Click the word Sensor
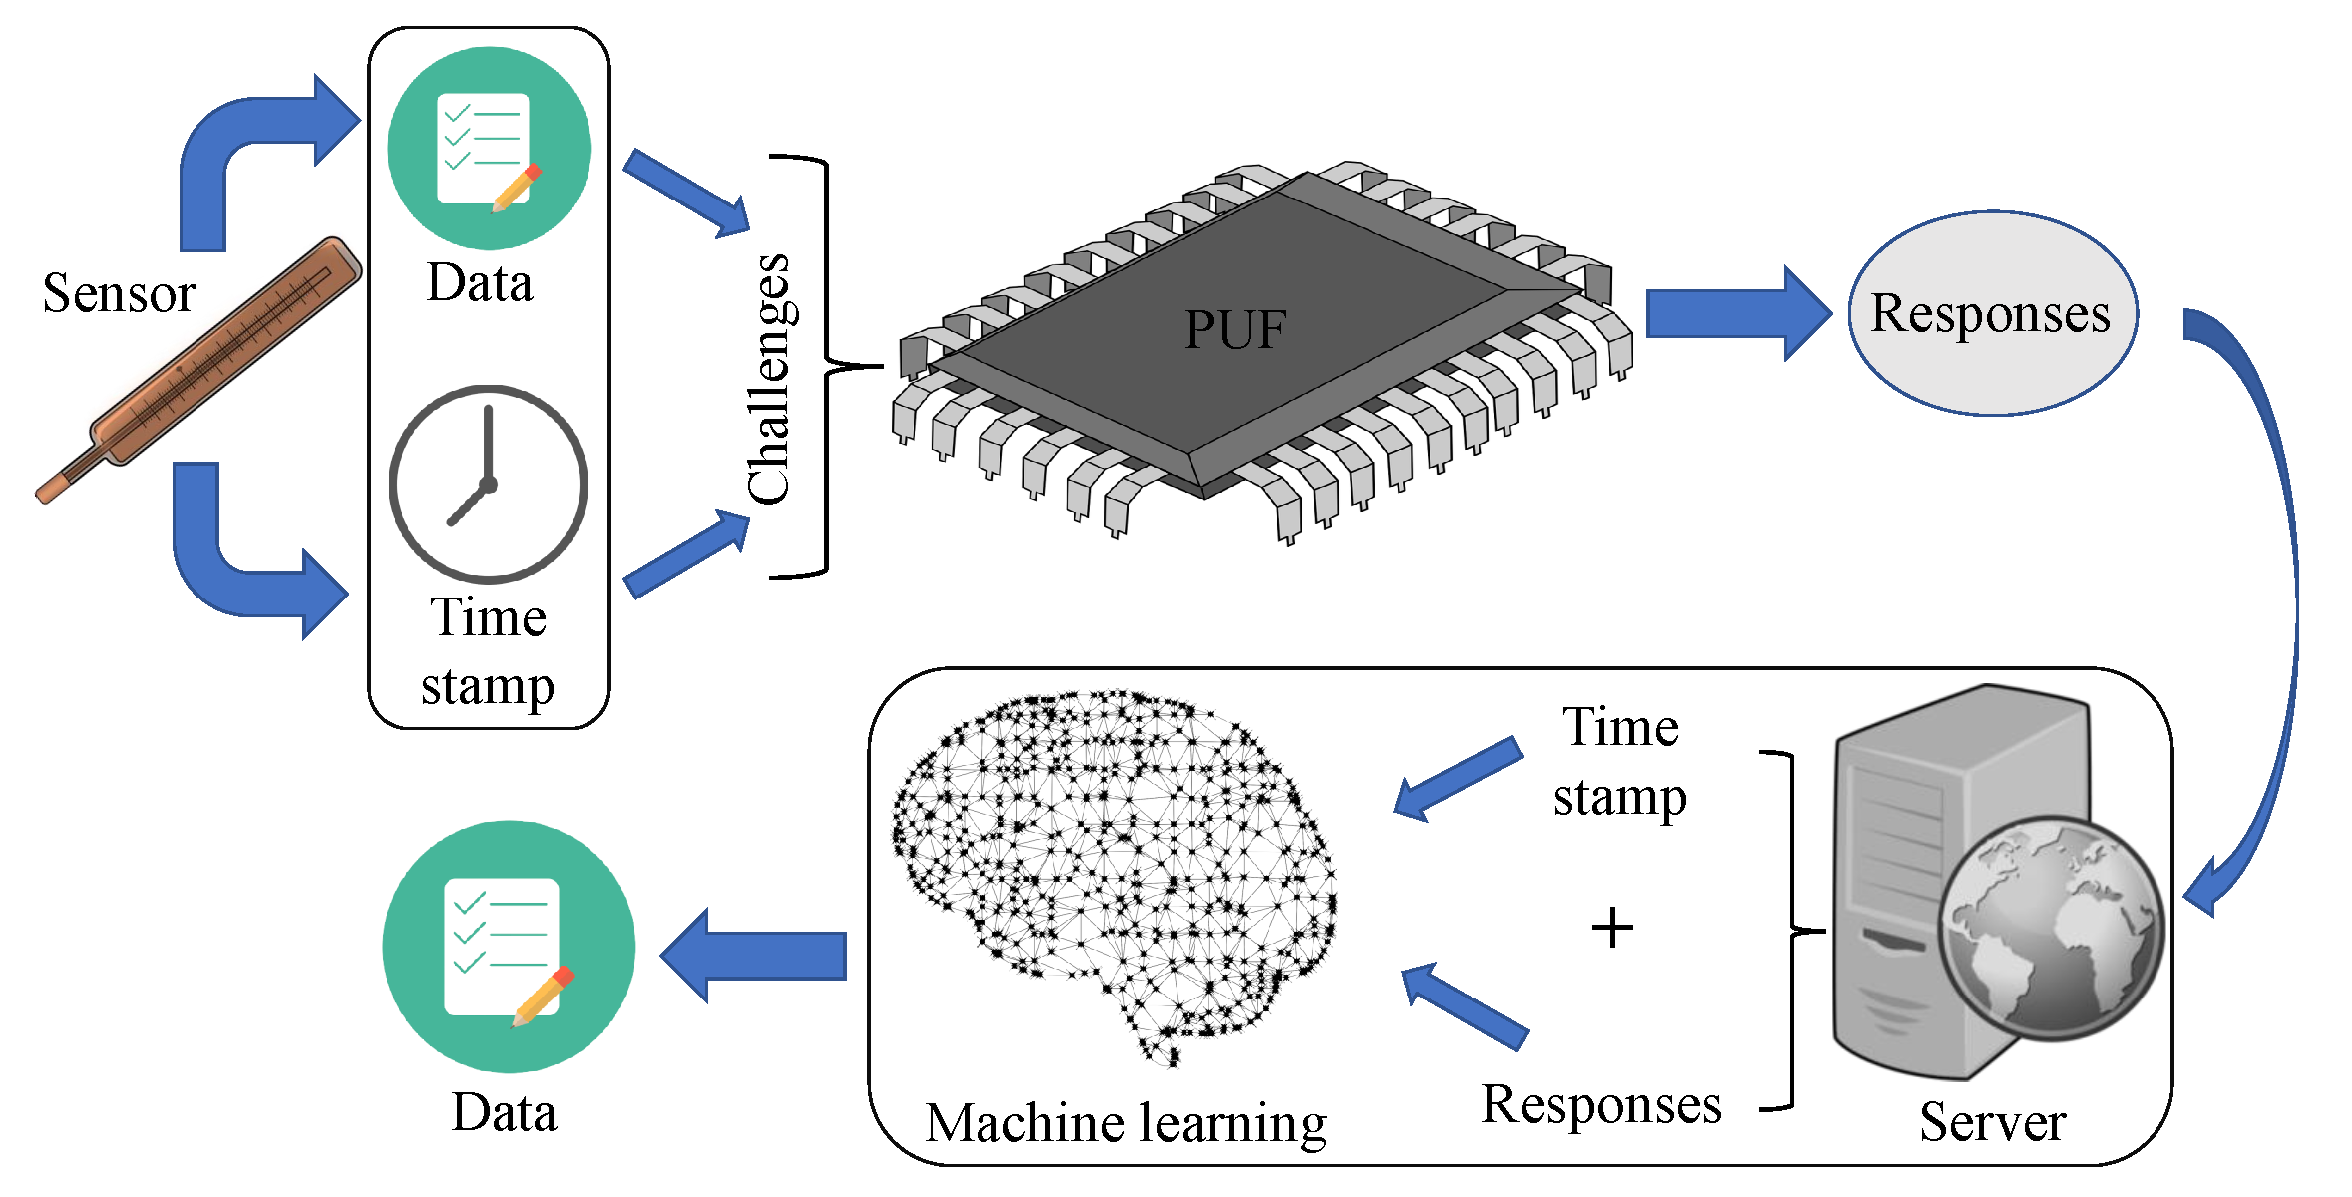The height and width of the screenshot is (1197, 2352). pos(119,293)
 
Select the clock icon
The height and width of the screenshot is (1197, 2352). pos(488,485)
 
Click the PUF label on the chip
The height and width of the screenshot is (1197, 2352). pos(1235,329)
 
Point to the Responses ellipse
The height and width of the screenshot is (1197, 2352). pos(1991,313)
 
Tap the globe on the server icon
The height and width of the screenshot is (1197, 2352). pos(2050,928)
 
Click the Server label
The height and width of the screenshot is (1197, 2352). pos(1992,1121)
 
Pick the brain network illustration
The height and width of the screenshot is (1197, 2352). pos(1112,868)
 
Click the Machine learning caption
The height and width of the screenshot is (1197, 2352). pos(1125,1123)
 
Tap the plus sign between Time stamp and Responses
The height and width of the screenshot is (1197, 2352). pos(1611,928)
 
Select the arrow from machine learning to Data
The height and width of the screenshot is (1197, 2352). pos(755,955)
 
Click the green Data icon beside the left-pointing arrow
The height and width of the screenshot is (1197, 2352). pos(509,947)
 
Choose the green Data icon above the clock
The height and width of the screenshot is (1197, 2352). pos(489,149)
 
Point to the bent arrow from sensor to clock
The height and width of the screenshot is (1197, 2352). pos(229,569)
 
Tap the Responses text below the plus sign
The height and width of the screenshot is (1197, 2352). pos(1601,1105)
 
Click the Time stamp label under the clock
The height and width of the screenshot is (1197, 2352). pos(488,650)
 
